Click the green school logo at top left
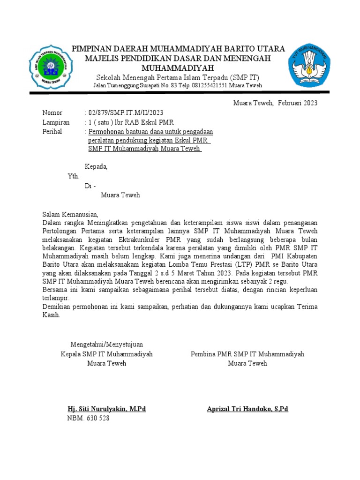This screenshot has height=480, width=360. pos(49,67)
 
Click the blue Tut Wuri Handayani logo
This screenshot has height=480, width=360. pos(309,66)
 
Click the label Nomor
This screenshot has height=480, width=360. pos(52,112)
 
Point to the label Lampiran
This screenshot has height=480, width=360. pos(56,122)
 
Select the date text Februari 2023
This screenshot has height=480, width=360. pos(297,103)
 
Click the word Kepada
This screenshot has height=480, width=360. pos(96,166)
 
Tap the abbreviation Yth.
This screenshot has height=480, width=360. pos(74,176)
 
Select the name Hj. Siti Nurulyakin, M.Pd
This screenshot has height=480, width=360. pos(107,409)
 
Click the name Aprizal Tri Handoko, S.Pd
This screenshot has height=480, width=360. pos(247,409)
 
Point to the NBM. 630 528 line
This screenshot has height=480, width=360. pos(88,418)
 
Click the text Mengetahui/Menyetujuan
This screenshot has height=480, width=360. pos(107,345)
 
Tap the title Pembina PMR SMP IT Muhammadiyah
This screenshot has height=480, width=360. pos(247,354)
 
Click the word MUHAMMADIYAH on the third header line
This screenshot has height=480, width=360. pos(178,68)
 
